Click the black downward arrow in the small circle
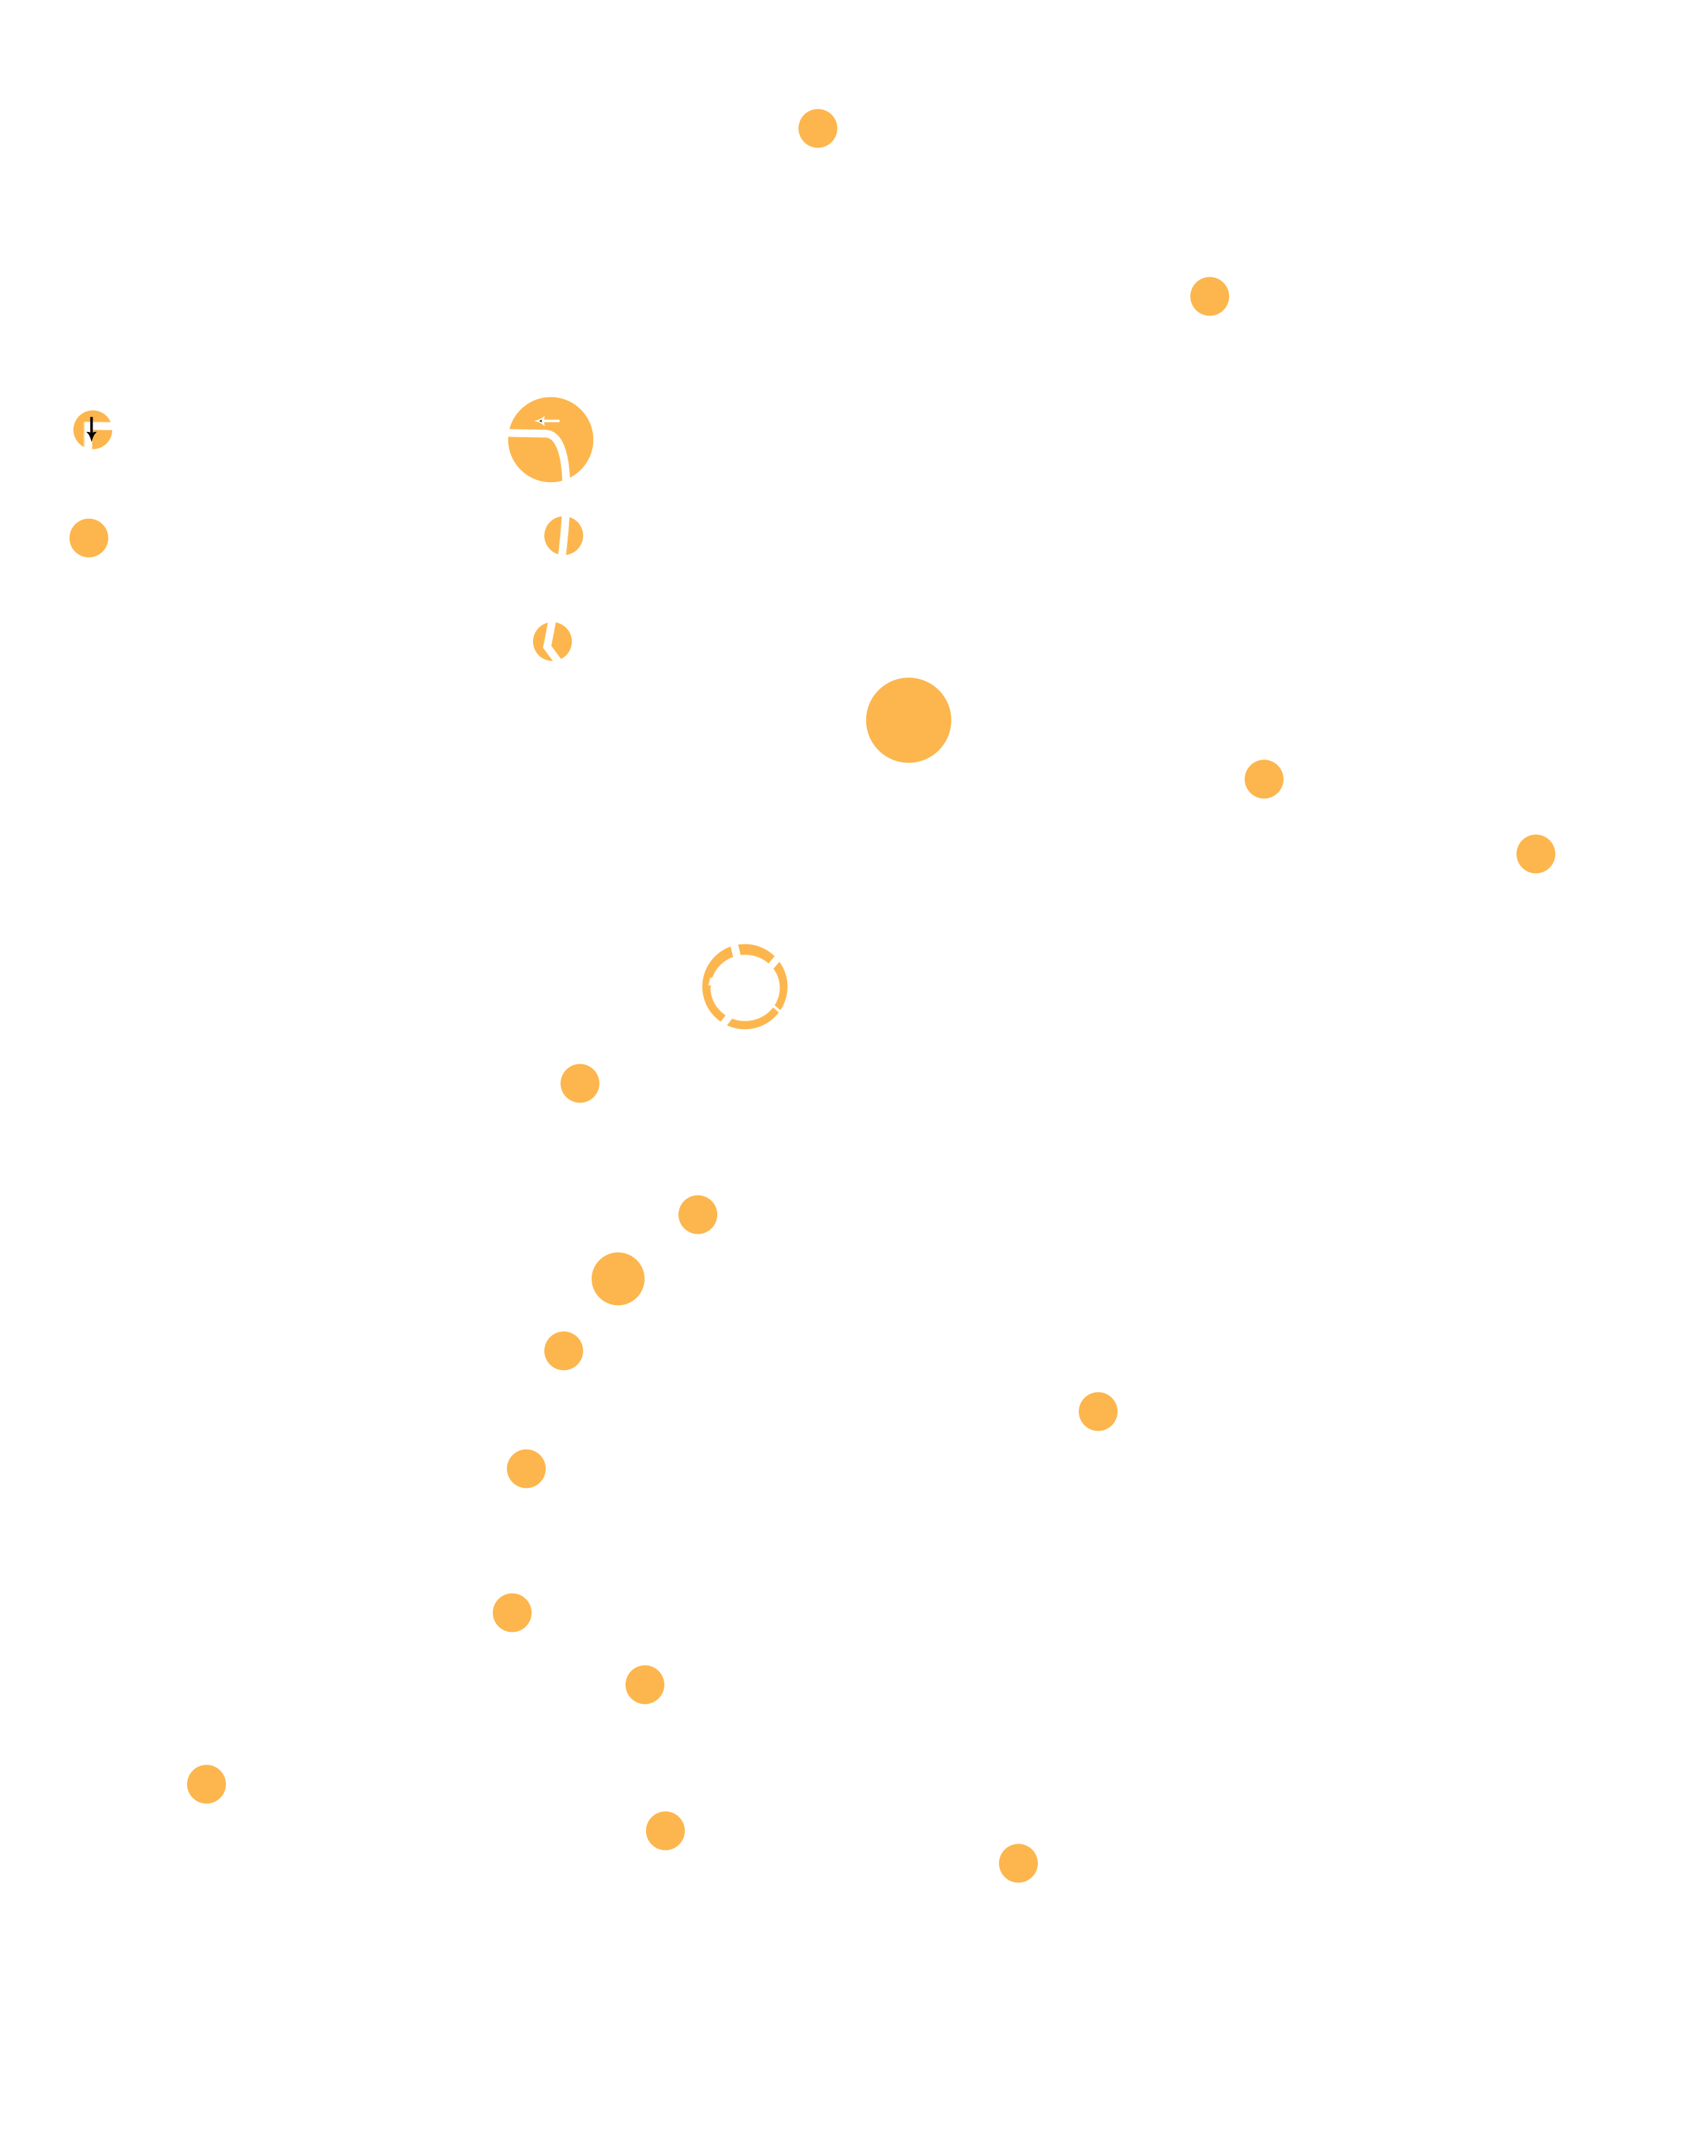point(91,428)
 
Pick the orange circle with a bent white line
point(552,641)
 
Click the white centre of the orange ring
point(744,987)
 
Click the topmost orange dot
point(818,128)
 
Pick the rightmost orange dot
point(1534,854)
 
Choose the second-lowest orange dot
point(666,1831)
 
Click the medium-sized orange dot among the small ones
point(618,1279)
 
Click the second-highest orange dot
point(1209,296)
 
